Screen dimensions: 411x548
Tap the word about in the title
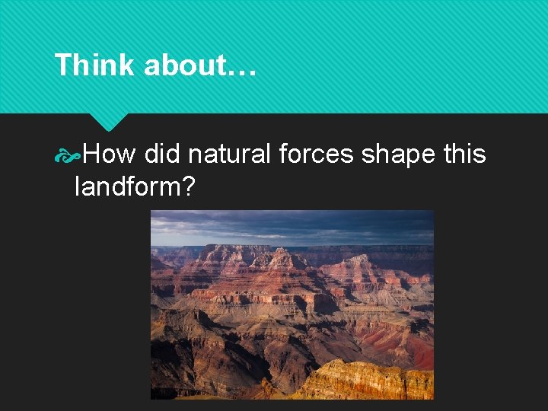pos(183,65)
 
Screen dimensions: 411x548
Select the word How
pos(109,155)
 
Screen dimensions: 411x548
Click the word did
pos(161,155)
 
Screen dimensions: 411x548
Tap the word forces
pos(316,155)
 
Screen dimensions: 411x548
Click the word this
pos(464,155)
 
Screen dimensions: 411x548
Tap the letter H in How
pos(91,155)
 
